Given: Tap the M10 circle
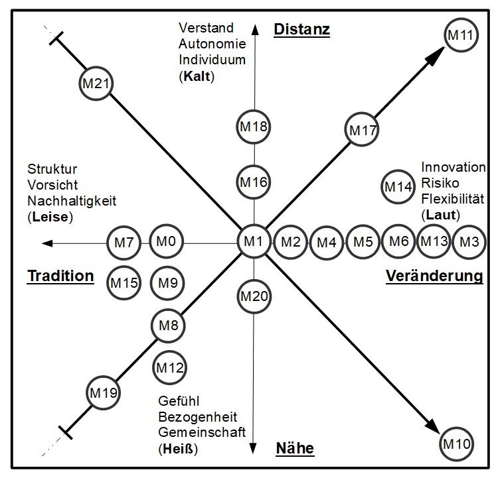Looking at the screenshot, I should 455,442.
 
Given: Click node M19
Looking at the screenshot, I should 104,393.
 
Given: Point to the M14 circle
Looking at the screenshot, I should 398,188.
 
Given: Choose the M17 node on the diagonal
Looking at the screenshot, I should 363,130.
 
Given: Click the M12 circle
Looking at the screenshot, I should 169,367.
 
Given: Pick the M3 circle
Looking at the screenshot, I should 469,242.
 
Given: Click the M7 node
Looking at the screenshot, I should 124,243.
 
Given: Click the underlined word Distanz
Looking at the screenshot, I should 302,29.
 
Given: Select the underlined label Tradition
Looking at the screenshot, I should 60,276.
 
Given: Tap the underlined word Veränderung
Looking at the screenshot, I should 434,276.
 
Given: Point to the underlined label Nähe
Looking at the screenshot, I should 295,449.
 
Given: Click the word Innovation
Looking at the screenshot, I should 454,167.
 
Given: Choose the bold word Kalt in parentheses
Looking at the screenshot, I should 199,76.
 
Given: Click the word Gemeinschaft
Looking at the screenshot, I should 202,432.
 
